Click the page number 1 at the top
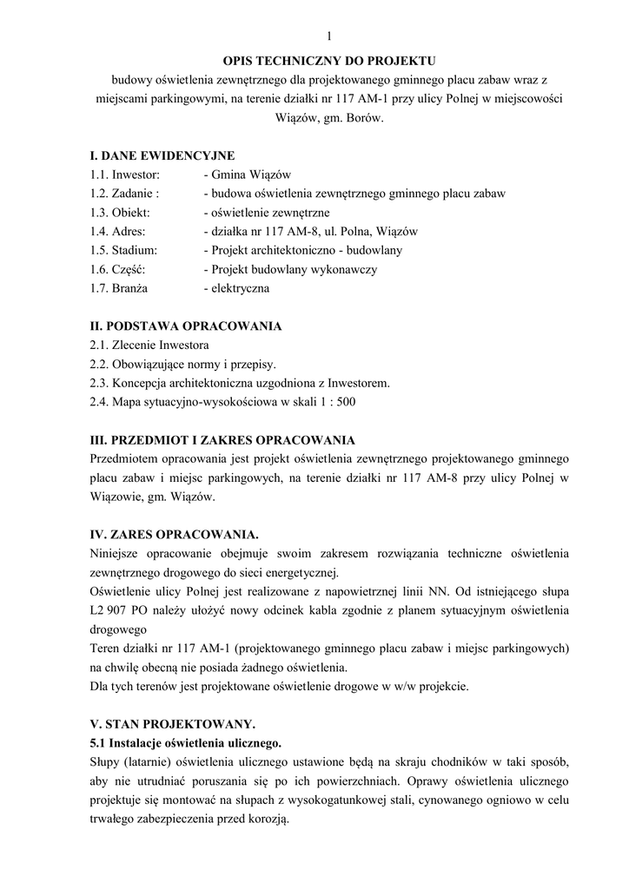(330, 36)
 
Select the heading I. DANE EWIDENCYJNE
(162, 155)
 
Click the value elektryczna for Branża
(235, 289)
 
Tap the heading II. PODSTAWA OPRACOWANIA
(186, 326)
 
